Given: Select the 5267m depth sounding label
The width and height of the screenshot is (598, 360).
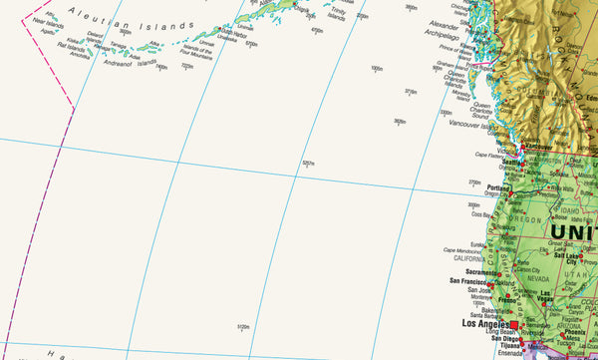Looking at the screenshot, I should (x=308, y=164).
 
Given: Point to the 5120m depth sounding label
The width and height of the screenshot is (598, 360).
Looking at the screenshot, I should (x=244, y=326).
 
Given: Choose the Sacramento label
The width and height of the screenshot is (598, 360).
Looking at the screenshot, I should (x=474, y=271).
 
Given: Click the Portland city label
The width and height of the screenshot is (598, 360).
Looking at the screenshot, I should (x=499, y=187).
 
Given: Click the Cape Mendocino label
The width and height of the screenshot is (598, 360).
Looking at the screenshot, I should (x=462, y=250).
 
